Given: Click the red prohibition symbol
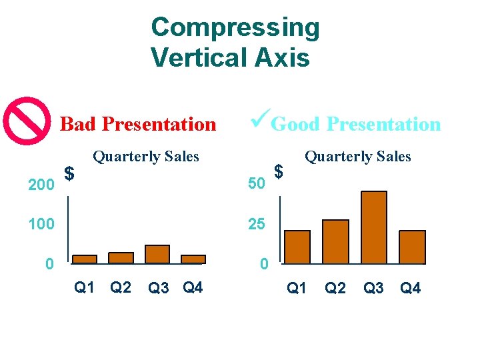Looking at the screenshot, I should tap(27, 121).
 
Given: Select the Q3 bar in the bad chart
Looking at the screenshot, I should tap(157, 254).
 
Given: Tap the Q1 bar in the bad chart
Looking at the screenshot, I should tap(85, 259).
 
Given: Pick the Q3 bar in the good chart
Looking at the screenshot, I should tap(374, 227).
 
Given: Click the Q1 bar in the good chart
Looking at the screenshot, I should tap(297, 247).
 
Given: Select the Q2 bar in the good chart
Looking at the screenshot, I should tap(335, 241).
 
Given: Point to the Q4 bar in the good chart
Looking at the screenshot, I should tap(412, 247).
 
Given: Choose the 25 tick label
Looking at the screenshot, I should tap(257, 224).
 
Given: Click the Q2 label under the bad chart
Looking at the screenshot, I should tap(120, 287).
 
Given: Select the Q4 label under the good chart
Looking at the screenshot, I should tap(410, 288).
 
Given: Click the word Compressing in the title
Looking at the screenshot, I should tap(235, 27).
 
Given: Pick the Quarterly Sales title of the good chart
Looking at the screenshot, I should tap(358, 157).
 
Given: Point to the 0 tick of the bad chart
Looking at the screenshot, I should tap(49, 265).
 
